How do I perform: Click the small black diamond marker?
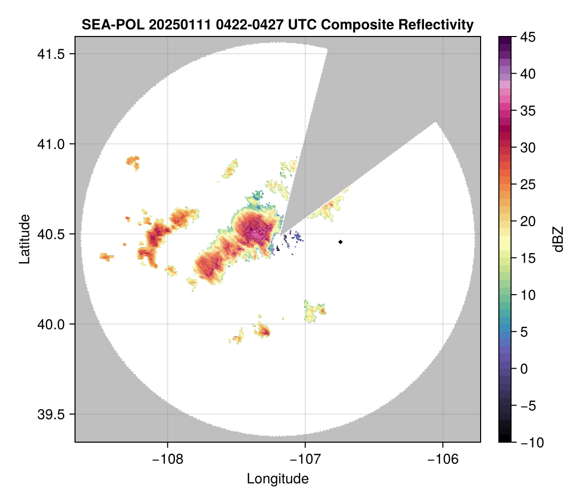tap(341, 242)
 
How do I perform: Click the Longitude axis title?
tap(277, 478)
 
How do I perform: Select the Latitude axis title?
tap(24, 239)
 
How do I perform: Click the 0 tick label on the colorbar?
tap(524, 369)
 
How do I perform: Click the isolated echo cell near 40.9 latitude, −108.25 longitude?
tap(133, 162)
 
